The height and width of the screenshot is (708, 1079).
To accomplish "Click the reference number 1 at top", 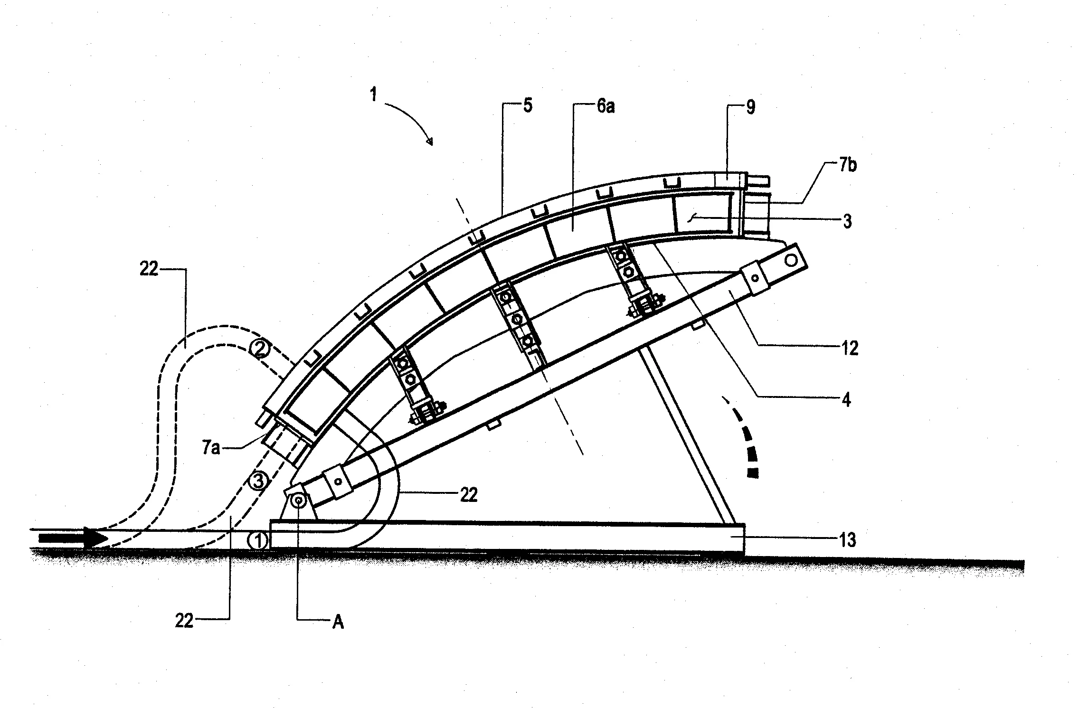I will coord(374,94).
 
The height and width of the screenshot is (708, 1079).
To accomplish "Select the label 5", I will coord(528,105).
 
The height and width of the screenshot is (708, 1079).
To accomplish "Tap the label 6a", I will coord(606,106).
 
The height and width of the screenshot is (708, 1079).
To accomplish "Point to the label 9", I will coord(750,107).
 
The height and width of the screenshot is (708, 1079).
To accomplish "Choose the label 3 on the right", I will coord(847,221).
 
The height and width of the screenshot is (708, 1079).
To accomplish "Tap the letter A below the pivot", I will coord(338,622).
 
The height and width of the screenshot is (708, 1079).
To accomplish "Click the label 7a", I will coord(211,448).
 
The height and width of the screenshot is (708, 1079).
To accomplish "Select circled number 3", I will coord(258,481).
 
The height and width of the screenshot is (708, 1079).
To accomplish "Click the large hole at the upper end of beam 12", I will coord(791,260).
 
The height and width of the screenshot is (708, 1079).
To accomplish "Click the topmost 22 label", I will coord(149,269).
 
